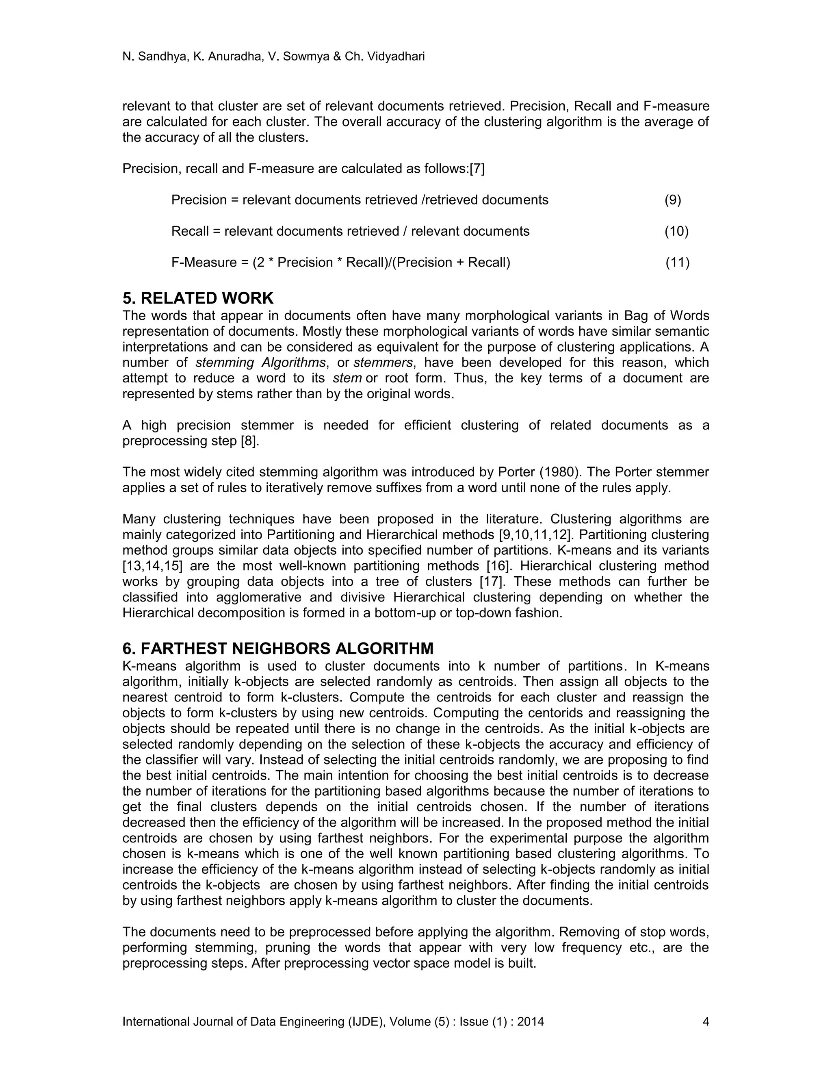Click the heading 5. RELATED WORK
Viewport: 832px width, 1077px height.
tap(198, 298)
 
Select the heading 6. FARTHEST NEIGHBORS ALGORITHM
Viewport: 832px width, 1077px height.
tap(278, 648)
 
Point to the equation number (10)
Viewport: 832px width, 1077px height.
tap(676, 231)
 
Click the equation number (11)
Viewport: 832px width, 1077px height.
tap(677, 263)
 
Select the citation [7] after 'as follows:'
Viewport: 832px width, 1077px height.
tap(477, 169)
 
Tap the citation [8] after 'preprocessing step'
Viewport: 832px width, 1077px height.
tap(249, 441)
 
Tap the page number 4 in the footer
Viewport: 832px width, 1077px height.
tap(705, 1021)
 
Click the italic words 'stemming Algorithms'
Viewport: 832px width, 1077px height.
tap(261, 363)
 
